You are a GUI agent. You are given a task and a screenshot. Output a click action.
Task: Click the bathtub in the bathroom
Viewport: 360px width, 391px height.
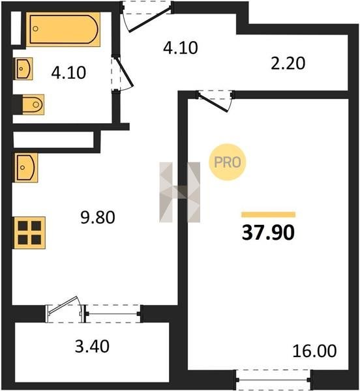(63, 29)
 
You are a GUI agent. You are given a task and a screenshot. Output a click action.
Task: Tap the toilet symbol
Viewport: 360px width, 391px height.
(33, 104)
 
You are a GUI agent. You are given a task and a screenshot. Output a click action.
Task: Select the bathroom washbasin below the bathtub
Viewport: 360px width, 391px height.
(23, 68)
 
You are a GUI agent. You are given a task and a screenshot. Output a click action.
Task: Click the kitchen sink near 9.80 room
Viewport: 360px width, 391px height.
(26, 167)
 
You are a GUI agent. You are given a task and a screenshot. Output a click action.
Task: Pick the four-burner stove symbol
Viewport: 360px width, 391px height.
(29, 233)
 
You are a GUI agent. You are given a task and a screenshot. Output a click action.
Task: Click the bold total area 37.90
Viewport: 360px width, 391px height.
(268, 233)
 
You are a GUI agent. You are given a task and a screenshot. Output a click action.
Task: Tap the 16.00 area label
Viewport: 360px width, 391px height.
(314, 351)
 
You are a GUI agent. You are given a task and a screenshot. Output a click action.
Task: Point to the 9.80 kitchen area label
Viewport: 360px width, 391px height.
(98, 217)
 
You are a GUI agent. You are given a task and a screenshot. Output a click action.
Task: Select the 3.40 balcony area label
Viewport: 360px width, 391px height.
(92, 347)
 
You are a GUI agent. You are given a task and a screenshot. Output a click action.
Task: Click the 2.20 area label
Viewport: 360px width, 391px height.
(288, 63)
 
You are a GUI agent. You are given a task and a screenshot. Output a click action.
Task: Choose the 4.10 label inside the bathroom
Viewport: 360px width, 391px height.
(68, 72)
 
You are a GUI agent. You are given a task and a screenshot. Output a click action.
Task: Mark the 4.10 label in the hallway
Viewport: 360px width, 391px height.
(181, 48)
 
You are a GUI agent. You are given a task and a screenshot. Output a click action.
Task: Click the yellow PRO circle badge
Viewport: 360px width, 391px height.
(227, 162)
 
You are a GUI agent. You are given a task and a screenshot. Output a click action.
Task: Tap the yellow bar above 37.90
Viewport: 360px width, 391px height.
(269, 214)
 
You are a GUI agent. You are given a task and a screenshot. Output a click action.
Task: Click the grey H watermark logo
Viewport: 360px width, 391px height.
(179, 192)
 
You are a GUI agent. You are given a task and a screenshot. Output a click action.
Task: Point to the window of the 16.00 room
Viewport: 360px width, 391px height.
(274, 379)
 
